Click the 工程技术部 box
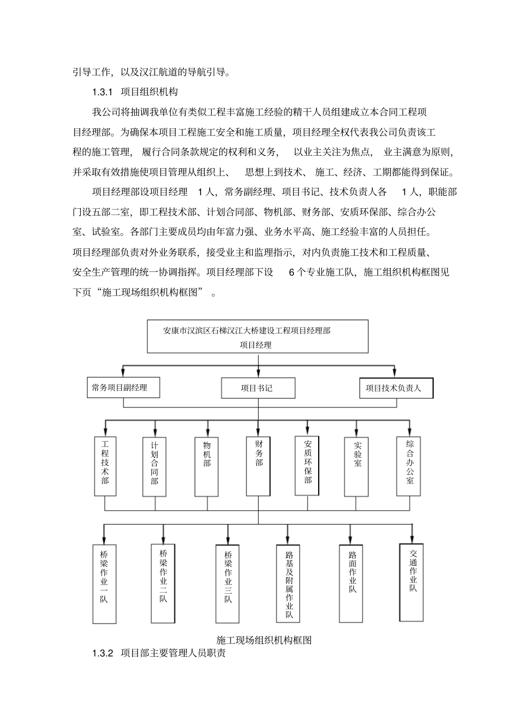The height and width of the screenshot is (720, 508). click(x=105, y=466)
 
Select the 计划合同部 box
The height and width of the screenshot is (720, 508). click(x=155, y=466)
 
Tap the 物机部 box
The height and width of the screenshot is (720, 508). click(x=207, y=466)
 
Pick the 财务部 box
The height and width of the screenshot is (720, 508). click(x=259, y=465)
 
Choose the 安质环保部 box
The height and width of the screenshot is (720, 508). click(x=307, y=465)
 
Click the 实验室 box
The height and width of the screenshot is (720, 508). click(x=357, y=465)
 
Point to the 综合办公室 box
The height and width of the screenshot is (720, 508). click(x=410, y=465)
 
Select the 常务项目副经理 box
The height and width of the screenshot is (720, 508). click(x=124, y=388)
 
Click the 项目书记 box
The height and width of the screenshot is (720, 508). click(x=258, y=388)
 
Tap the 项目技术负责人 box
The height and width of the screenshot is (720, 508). click(x=396, y=388)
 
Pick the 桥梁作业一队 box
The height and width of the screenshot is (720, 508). click(x=104, y=583)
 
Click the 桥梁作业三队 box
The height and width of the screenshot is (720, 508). click(x=228, y=583)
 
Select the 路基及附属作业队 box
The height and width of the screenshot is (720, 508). click(x=288, y=583)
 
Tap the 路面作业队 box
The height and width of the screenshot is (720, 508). click(x=352, y=583)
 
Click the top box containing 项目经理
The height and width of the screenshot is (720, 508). click(x=258, y=337)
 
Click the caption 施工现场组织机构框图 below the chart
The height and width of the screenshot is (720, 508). click(x=264, y=640)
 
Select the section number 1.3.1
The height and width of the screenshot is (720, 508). click(x=101, y=92)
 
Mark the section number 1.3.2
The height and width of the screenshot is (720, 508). click(x=103, y=654)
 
